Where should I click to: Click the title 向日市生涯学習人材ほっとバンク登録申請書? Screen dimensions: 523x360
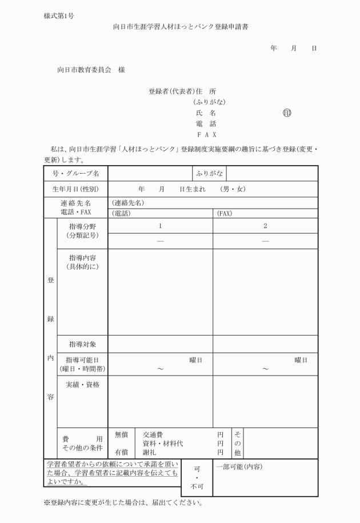(x=181, y=26)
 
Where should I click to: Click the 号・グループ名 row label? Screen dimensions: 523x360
(x=75, y=173)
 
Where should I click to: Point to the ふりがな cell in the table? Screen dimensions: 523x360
(x=209, y=173)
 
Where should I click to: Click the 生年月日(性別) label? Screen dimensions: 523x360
(x=75, y=189)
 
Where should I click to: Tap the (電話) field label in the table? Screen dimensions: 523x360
(x=121, y=214)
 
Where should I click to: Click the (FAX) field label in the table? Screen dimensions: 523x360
(x=224, y=214)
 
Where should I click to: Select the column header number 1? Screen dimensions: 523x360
(x=161, y=226)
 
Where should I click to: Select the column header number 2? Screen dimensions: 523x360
(x=265, y=226)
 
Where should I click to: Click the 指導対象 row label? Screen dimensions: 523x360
(x=83, y=344)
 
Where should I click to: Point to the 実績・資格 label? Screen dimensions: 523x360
(x=83, y=385)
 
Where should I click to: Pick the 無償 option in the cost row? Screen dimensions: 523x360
(x=122, y=435)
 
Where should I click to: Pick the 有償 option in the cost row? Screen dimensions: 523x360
(x=122, y=452)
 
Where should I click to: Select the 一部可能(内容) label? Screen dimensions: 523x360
(x=239, y=467)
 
